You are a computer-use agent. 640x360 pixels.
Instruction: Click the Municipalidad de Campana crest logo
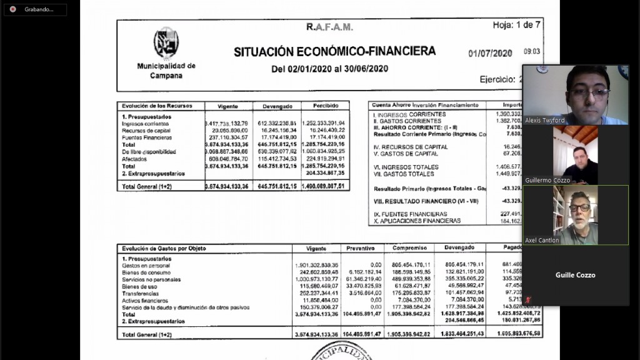[166, 43]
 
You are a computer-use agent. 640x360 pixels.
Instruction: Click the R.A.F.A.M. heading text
[329, 27]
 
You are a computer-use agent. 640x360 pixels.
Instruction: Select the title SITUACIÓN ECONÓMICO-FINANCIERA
[334, 51]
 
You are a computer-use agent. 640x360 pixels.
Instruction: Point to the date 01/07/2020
[491, 53]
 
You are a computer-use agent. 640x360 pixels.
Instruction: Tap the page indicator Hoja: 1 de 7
[517, 25]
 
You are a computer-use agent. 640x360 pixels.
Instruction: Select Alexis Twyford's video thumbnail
[575, 95]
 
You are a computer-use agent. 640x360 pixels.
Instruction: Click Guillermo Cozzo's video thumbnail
[575, 155]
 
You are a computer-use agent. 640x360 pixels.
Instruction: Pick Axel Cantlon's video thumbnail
[575, 215]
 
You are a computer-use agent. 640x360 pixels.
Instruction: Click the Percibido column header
[326, 106]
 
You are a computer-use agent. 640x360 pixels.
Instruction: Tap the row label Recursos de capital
[146, 131]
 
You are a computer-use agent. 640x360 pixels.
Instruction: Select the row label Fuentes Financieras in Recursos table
[147, 137]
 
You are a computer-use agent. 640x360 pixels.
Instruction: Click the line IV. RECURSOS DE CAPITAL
[411, 147]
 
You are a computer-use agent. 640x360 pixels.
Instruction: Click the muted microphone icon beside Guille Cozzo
[529, 299]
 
